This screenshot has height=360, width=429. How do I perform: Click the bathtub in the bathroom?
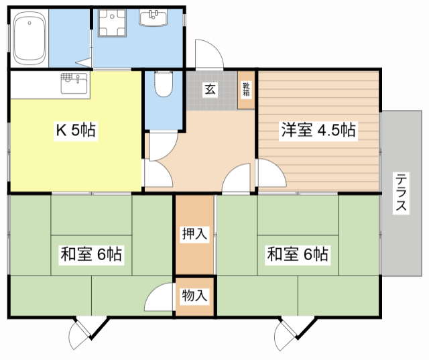[29, 38]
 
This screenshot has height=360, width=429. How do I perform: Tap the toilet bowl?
[164, 84]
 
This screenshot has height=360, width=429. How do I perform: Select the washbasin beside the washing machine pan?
[154, 17]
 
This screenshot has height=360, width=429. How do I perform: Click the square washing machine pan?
[112, 23]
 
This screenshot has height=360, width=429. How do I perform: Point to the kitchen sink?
[74, 83]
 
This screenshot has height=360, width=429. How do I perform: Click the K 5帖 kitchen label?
[76, 130]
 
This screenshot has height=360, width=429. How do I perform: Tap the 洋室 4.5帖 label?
[318, 130]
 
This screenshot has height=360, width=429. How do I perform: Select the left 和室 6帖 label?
[91, 254]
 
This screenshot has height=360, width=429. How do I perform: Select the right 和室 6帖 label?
[298, 254]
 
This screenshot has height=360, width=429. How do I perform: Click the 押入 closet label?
[194, 234]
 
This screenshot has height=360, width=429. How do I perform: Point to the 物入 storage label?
[194, 296]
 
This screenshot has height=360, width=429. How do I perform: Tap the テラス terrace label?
[401, 192]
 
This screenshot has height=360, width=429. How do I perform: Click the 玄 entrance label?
[210, 89]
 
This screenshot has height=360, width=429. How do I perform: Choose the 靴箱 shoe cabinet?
[246, 90]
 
